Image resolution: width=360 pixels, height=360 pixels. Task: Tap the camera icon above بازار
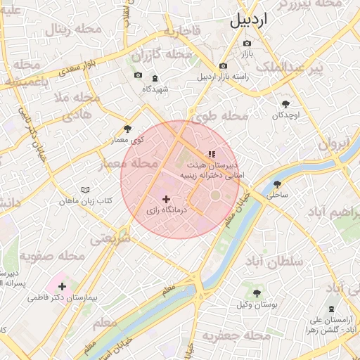coord(246,41)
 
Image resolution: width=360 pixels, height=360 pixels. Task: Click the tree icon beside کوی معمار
coord(127,129)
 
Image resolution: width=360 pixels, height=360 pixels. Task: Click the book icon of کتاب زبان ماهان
coord(86,191)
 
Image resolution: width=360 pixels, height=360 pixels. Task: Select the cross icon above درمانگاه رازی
coord(166,200)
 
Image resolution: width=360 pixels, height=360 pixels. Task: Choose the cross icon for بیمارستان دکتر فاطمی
coord(63,286)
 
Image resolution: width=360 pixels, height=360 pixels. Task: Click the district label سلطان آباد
coord(274,262)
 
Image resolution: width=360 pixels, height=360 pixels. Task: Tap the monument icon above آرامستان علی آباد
coord(333,309)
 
